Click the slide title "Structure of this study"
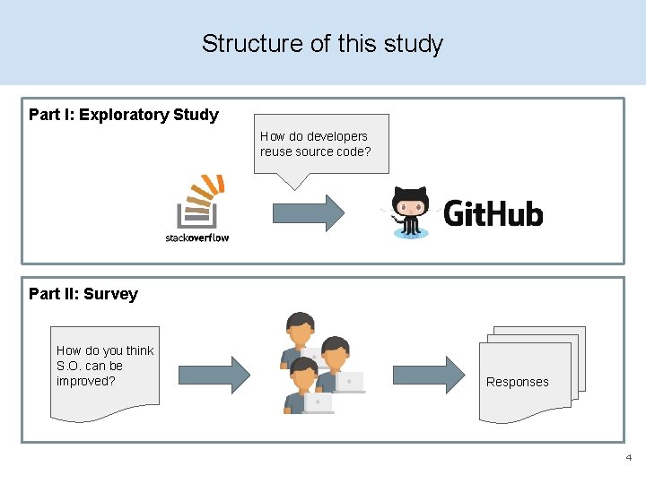[322, 43]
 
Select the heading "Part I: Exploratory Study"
[124, 115]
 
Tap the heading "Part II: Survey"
[83, 294]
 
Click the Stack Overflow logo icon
[198, 201]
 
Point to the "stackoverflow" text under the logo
[197, 238]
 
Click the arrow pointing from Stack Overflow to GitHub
[308, 213]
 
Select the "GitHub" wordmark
[493, 214]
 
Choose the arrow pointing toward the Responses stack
[430, 375]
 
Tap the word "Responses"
[517, 382]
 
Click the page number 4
[628, 458]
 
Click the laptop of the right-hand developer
[349, 382]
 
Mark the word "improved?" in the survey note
[86, 381]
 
